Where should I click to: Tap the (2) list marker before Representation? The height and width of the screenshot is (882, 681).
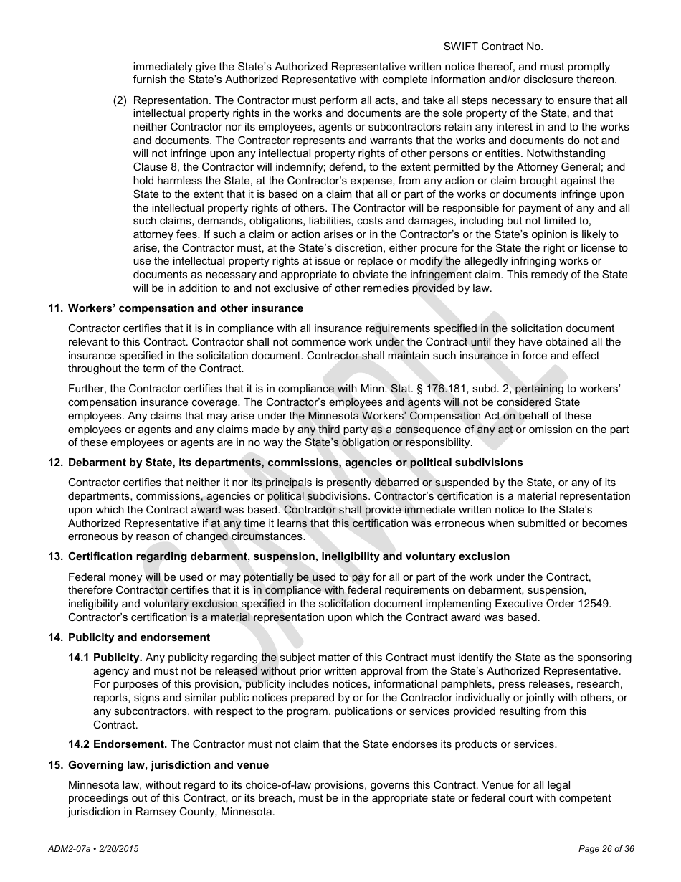click(120, 100)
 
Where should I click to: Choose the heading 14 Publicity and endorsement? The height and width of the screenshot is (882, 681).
click(129, 637)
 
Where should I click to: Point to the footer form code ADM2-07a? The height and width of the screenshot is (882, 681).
click(68, 849)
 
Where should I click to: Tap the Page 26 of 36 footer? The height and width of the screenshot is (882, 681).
click(606, 849)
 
